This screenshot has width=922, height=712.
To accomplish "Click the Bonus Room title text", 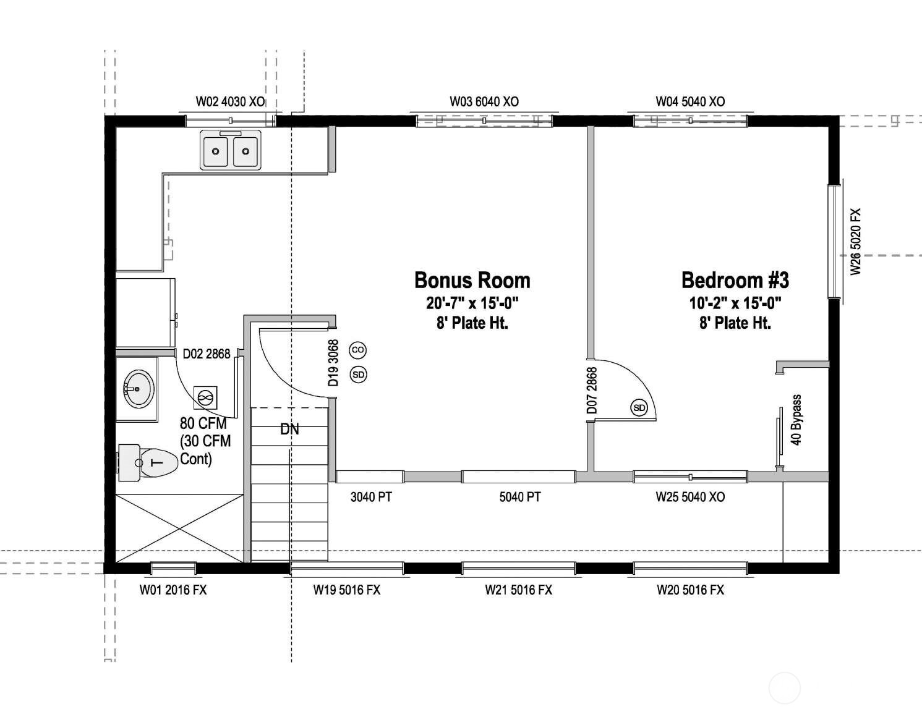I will click(x=472, y=280).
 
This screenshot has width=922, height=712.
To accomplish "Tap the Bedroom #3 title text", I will click(x=735, y=280).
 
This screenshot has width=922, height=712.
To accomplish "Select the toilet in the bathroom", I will click(x=148, y=462).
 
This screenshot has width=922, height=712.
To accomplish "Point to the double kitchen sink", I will click(x=230, y=150).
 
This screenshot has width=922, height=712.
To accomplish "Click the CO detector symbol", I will click(x=358, y=350).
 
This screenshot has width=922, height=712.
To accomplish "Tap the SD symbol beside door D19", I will click(x=358, y=374).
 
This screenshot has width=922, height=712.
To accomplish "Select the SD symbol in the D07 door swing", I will click(x=639, y=407).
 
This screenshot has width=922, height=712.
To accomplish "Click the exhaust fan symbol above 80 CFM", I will click(x=205, y=397).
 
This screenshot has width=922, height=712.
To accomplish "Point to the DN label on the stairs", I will click(x=289, y=429).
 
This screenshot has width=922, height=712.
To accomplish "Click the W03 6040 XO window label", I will click(x=484, y=101).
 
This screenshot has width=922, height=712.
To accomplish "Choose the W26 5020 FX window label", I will click(x=855, y=242).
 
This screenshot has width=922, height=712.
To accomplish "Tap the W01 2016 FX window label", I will click(x=173, y=590).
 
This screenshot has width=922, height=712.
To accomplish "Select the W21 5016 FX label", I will click(x=518, y=590).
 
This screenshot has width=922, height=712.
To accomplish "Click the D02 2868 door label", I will click(x=207, y=354).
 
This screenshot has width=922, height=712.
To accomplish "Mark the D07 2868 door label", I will click(x=592, y=391).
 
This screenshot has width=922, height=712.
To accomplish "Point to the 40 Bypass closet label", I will click(x=796, y=420).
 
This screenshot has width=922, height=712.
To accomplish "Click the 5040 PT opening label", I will click(x=519, y=497).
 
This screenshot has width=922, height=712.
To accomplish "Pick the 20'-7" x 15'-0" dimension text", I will click(x=472, y=303).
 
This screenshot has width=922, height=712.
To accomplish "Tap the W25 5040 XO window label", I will click(x=690, y=497).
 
